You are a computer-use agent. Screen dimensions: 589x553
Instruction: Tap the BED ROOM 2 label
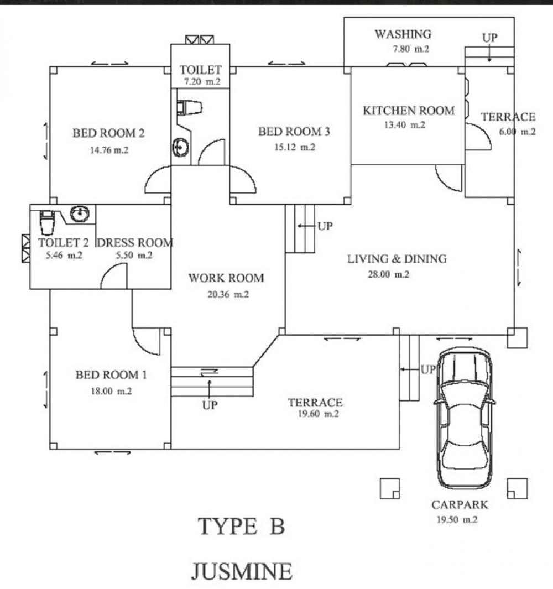click(109, 133)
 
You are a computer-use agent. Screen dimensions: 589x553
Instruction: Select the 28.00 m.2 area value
click(388, 274)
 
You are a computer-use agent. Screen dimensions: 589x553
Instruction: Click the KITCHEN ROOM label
click(408, 111)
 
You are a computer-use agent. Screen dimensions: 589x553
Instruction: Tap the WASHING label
click(403, 34)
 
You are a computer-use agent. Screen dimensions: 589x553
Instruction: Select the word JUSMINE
click(242, 571)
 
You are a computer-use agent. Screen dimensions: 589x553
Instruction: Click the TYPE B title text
click(241, 527)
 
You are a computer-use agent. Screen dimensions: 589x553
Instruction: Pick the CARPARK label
click(460, 505)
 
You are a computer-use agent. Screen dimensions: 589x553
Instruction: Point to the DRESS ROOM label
click(134, 243)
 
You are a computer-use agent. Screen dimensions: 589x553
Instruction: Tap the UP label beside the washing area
click(489, 38)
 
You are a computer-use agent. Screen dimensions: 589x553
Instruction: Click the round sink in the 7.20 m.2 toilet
click(180, 147)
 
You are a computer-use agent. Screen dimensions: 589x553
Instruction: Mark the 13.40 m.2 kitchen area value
click(404, 125)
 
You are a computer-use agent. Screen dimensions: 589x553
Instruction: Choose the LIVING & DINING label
click(397, 259)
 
